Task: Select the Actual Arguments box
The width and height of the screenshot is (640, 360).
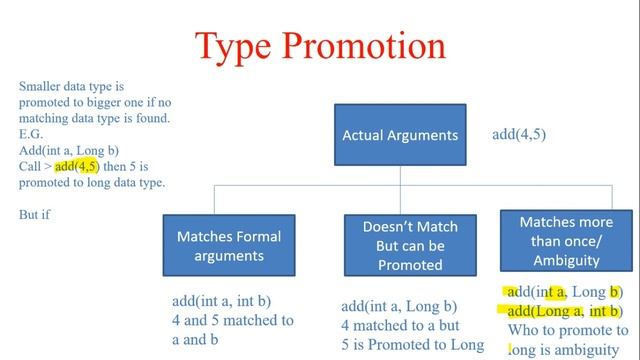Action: tap(400, 135)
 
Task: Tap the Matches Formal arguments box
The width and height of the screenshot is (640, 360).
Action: tap(228, 245)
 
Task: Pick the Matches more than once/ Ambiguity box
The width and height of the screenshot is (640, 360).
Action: tap(567, 240)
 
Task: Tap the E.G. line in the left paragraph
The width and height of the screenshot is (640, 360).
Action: tap(30, 135)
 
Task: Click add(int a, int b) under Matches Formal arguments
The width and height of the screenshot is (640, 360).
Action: tap(221, 301)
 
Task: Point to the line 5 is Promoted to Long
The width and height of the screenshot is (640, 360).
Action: tap(412, 345)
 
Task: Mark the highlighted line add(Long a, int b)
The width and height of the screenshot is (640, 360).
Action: tap(565, 310)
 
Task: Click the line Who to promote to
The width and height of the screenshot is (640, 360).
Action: tap(565, 329)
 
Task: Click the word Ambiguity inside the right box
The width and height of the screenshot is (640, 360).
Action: tap(567, 260)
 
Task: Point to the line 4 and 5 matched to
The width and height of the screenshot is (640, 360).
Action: tap(232, 320)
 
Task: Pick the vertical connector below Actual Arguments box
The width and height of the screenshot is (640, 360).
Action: tap(400, 175)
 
